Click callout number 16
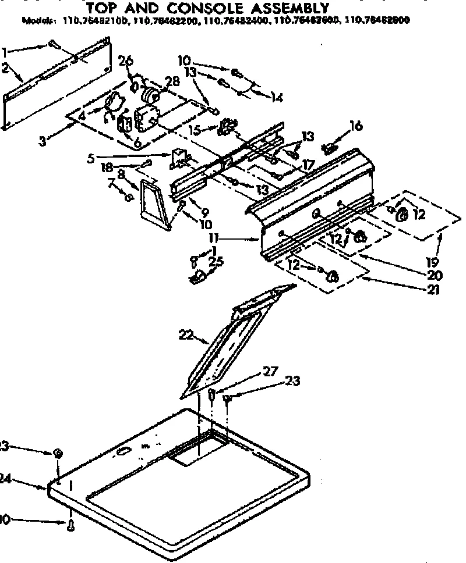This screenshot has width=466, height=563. pos(355,124)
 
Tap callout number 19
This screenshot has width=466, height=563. pos(435,261)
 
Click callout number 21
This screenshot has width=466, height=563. pos(433,289)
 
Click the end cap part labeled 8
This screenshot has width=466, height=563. pos(154,204)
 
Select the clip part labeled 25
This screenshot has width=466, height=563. pos(198,277)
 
